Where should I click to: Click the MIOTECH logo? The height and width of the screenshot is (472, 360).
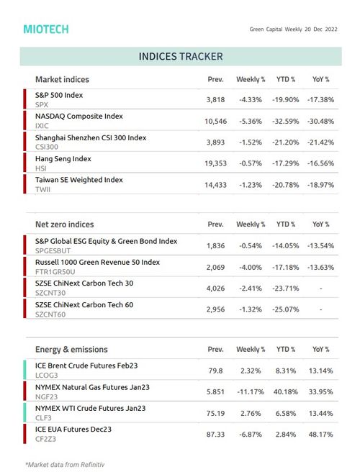coord(46,29)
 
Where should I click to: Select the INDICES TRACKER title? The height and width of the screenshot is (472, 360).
coord(181,56)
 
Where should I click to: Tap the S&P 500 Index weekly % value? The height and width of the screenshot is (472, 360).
coord(251,99)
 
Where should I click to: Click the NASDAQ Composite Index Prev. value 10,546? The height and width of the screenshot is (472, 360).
coord(215,122)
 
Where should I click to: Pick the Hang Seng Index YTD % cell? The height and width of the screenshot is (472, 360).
coord(286,163)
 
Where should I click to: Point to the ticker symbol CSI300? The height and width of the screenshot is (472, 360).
coord(47,147)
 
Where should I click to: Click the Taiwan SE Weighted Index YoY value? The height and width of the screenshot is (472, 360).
coord(320,185)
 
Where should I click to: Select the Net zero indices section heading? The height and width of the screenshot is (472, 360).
coord(65,224)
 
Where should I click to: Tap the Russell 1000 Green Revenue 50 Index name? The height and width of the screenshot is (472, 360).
coord(97,262)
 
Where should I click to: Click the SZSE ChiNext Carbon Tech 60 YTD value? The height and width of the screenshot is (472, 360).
coord(286,309)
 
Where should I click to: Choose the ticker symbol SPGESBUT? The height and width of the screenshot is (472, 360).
coord(53,250)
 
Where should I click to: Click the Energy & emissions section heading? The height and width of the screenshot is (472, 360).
coord(71,349)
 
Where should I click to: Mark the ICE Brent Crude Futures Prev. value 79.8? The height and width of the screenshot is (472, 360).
coord(215,371)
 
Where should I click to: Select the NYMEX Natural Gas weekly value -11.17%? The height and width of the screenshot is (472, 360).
coord(251,391)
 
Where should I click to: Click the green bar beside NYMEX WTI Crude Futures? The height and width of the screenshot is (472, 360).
coord(24,412)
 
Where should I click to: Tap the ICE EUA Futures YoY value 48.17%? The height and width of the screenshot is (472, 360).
coord(320,435)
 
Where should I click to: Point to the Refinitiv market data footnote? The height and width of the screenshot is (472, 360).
coord(65,465)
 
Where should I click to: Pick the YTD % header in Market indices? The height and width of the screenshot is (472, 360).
coord(286,79)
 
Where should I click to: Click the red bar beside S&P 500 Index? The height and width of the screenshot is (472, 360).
coord(24,99)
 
